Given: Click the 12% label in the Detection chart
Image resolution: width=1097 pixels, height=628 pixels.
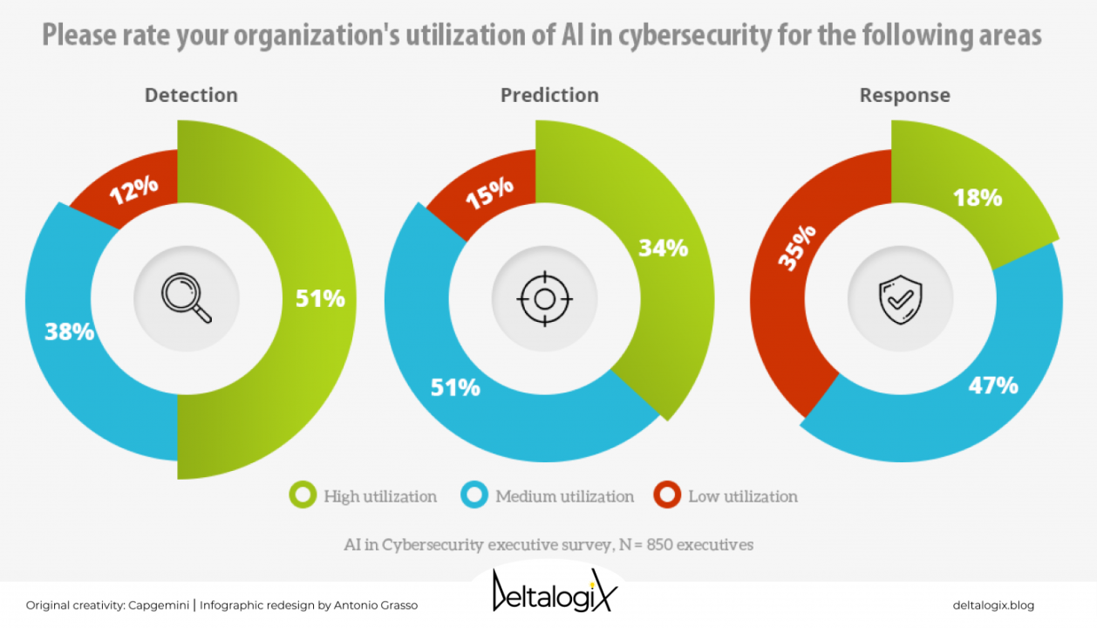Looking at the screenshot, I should point(134,188).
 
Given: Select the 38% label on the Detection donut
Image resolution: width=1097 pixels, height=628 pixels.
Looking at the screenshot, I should point(70,331).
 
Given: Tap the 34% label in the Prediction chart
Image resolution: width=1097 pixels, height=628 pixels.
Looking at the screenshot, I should point(664,249).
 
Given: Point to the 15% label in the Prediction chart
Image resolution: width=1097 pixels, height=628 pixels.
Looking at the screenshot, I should point(489,194).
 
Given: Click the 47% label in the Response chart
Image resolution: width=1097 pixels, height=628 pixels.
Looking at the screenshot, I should point(993,385).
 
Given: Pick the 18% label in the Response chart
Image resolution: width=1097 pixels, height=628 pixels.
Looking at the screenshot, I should point(978,198).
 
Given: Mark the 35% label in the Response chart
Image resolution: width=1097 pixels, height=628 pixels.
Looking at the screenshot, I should point(796,247).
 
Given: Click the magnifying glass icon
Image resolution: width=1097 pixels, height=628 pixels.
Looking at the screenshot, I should point(187,298).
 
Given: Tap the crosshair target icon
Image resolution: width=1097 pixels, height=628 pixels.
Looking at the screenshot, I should point(545,299).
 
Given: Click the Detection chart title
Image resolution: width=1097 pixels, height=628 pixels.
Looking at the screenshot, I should point(191,95).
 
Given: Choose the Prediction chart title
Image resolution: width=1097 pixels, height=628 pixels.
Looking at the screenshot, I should point(549,95).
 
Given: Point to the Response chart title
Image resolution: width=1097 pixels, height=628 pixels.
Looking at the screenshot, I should point(905,95).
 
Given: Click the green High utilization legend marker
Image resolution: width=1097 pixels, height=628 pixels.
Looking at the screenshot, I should point(303,496).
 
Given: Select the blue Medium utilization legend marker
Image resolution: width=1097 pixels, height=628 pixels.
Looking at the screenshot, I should point(474,496).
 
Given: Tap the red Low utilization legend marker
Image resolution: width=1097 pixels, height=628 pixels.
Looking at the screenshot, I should point(668,496).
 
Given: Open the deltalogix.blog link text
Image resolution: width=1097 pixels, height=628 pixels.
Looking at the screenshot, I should point(993,605).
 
